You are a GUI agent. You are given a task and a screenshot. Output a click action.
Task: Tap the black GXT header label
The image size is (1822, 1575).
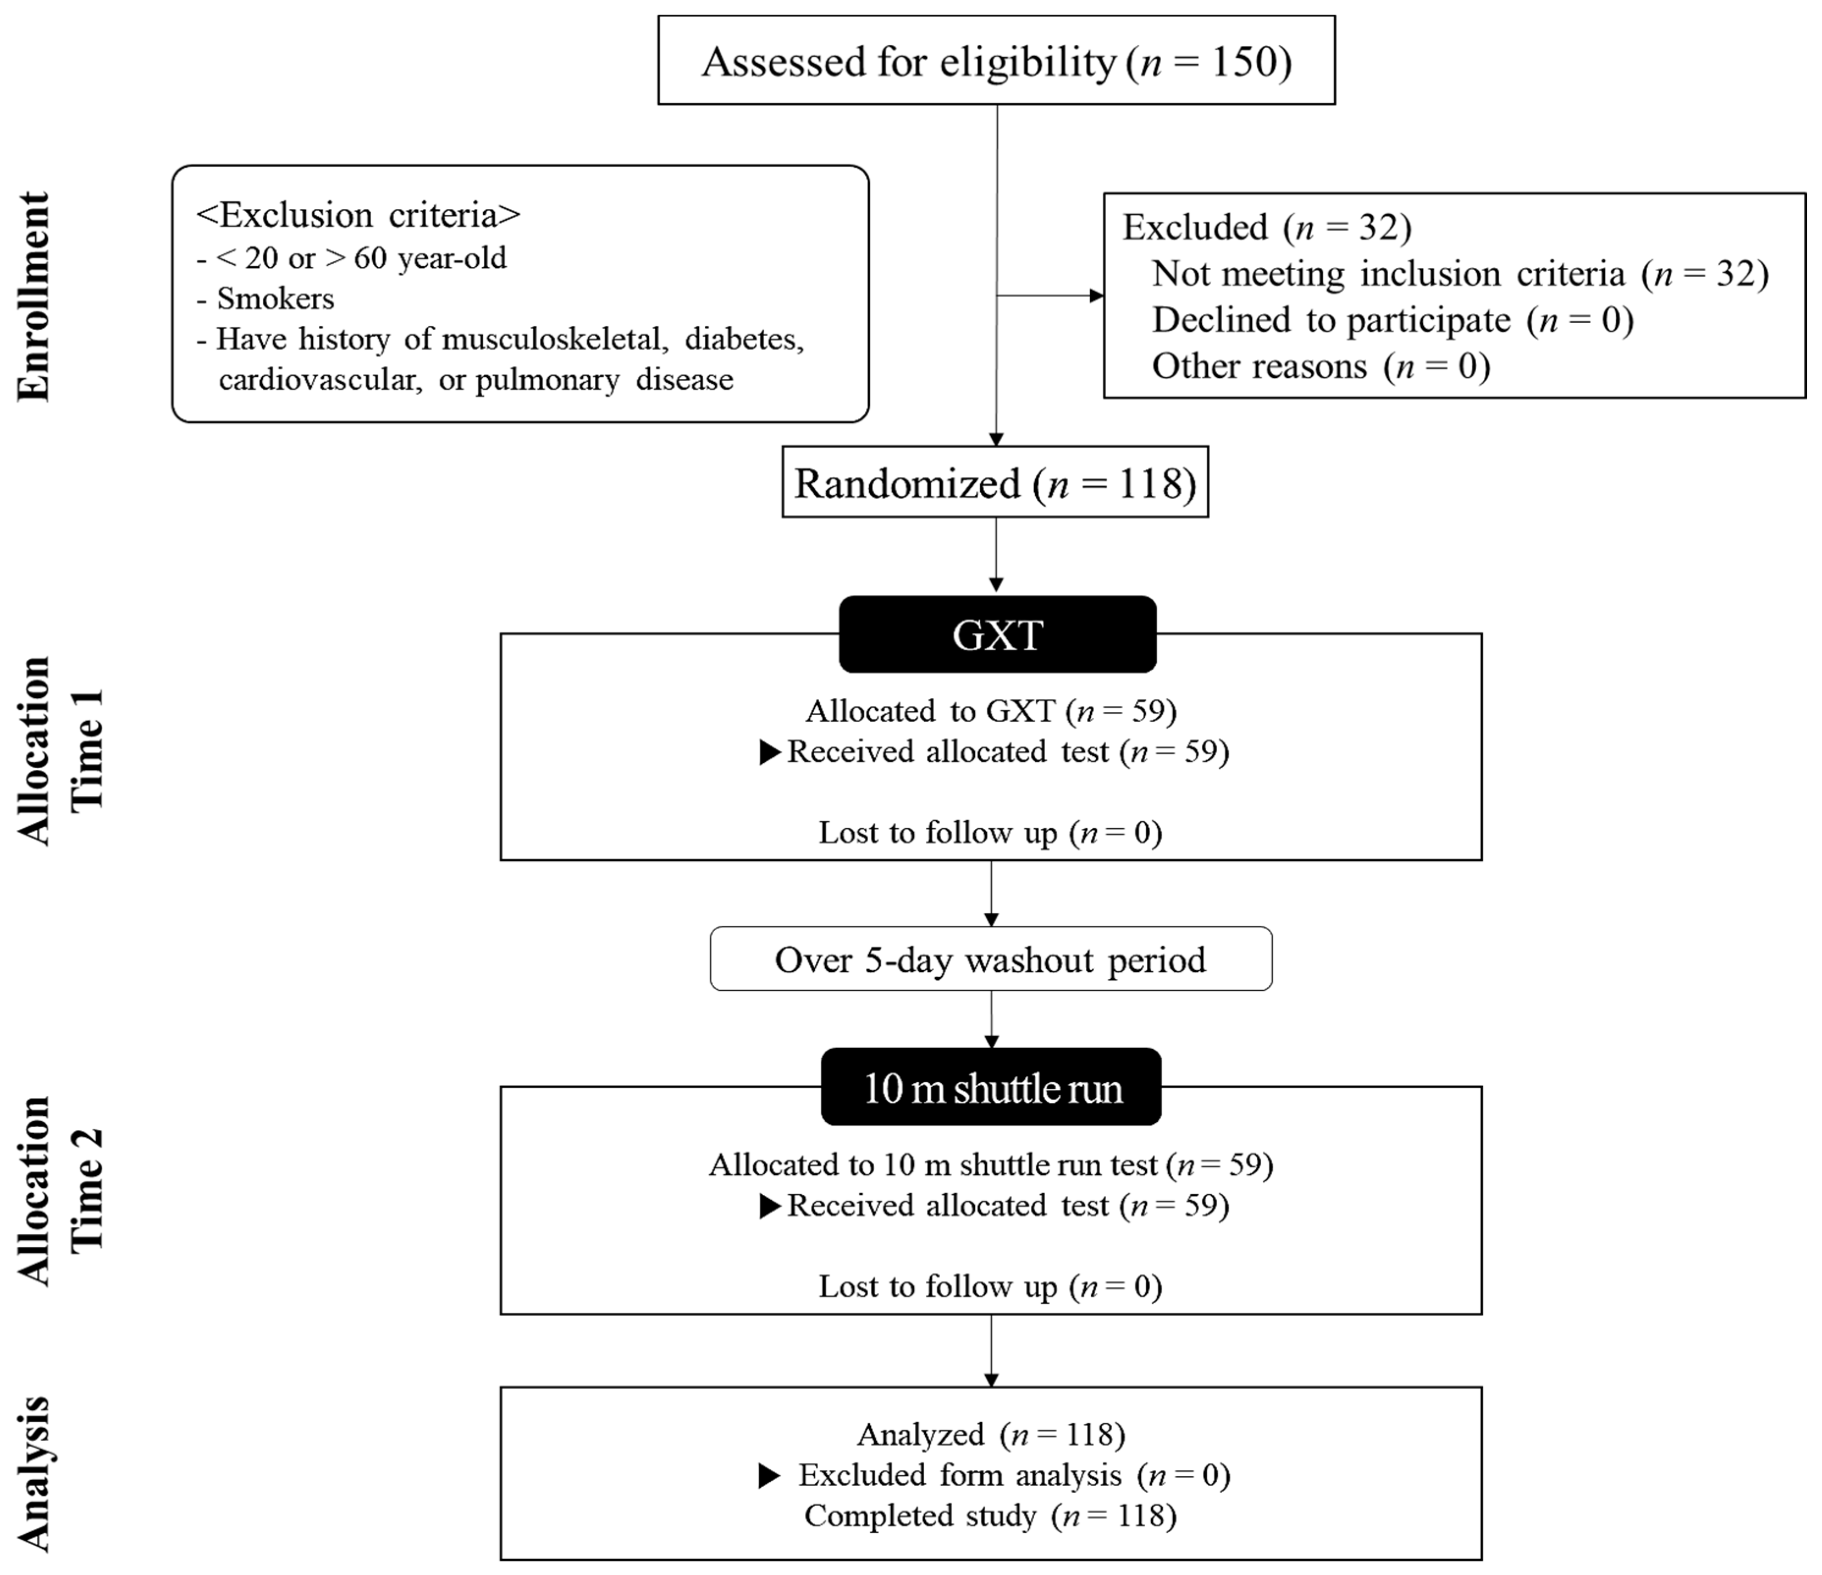(997, 635)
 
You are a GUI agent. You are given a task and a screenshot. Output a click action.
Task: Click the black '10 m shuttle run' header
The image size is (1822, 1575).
(991, 1088)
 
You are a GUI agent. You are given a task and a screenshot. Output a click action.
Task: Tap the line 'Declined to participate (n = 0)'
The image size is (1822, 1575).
(1392, 320)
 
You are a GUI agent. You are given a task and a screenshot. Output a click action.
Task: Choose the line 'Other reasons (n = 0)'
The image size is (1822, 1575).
(1321, 366)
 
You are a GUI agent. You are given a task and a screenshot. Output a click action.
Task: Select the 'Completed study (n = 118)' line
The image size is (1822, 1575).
(990, 1515)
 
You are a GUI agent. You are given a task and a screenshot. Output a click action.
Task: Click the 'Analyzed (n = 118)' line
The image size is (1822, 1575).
(990, 1434)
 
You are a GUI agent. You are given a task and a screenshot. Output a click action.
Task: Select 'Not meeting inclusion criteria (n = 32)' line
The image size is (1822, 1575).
(1459, 274)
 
